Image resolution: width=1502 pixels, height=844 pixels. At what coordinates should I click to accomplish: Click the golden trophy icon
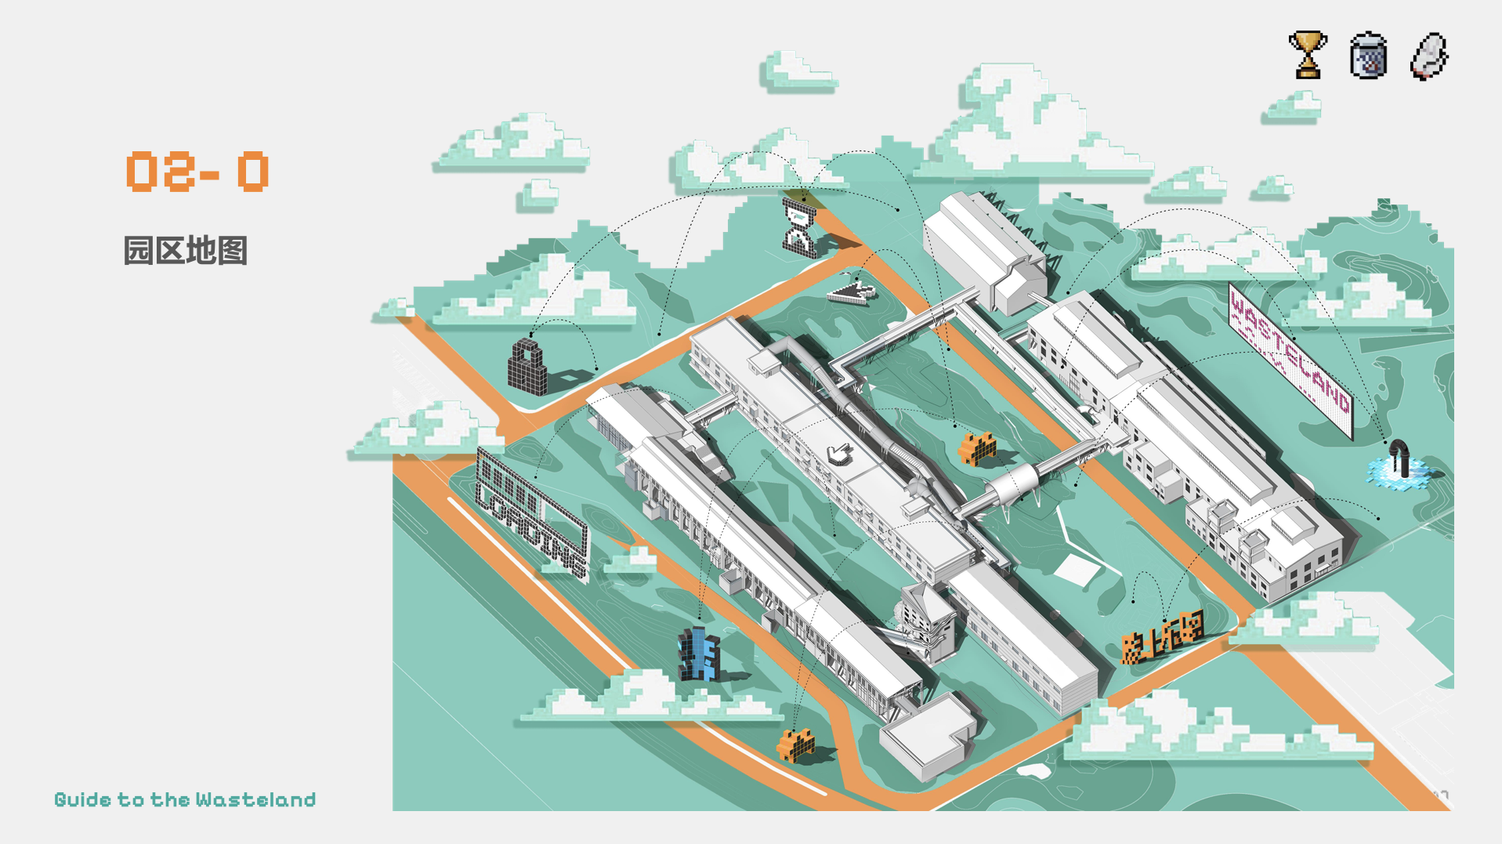(x=1307, y=55)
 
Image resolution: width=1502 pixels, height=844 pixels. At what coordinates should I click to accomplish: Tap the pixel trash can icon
(x=1368, y=56)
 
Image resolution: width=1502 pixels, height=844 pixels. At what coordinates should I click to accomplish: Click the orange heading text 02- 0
(x=197, y=172)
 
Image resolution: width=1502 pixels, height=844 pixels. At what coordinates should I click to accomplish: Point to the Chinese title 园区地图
(x=186, y=251)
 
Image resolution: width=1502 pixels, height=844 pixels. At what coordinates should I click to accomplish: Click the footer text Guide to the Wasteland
(x=185, y=799)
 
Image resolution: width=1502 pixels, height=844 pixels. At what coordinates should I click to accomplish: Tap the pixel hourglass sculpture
(x=799, y=227)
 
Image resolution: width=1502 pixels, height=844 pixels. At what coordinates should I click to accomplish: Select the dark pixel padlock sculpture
(x=527, y=367)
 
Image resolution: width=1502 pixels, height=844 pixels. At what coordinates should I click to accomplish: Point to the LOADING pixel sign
(x=531, y=513)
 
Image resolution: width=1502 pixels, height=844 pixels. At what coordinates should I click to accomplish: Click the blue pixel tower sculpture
(x=698, y=654)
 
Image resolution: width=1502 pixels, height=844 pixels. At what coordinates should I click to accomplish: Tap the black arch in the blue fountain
(x=1399, y=458)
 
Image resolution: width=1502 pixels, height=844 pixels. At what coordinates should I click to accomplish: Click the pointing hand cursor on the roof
(x=839, y=453)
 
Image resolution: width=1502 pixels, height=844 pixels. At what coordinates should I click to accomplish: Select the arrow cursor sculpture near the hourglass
(x=852, y=292)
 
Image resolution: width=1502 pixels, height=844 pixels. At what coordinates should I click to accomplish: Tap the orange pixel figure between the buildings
(x=977, y=449)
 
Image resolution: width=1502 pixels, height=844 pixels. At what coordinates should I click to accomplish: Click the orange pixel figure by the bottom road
(x=795, y=744)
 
